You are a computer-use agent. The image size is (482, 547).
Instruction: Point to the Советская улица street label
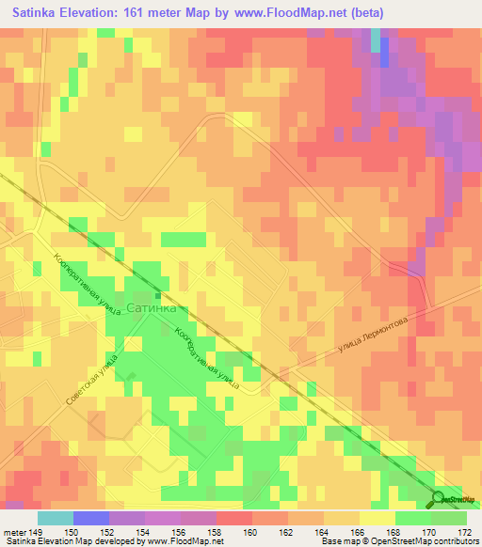coord(90,379)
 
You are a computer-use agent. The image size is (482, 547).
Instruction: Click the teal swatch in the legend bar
coord(56,518)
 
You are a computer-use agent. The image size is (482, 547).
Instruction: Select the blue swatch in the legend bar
coord(91,518)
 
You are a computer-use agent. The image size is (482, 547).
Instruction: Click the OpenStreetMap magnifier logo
coord(441,498)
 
